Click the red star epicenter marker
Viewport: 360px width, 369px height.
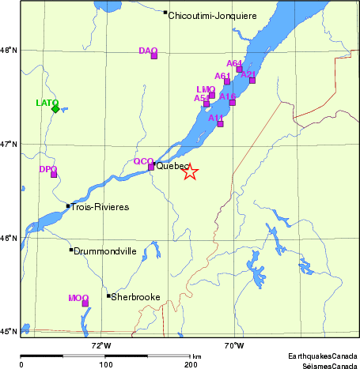pyautogui.click(x=190, y=171)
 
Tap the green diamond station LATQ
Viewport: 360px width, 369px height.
pyautogui.click(x=55, y=108)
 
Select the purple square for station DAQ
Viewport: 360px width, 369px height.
pyautogui.click(x=154, y=55)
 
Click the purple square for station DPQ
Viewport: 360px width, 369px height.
pyautogui.click(x=54, y=174)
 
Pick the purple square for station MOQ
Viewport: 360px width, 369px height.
pyautogui.click(x=85, y=303)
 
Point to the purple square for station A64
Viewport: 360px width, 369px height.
pyautogui.click(x=239, y=69)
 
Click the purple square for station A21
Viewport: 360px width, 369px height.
pyautogui.click(x=252, y=80)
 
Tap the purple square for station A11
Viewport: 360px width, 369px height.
pyautogui.click(x=220, y=123)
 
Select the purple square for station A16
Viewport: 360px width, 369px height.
pyautogui.click(x=232, y=102)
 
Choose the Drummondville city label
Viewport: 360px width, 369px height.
pyautogui.click(x=106, y=251)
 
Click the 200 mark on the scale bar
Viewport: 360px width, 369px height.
pyautogui.click(x=191, y=365)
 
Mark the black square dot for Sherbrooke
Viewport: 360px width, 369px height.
pyautogui.click(x=108, y=296)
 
